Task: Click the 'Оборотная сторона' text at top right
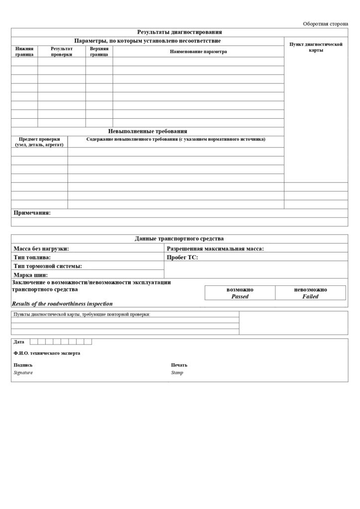(x=325, y=23)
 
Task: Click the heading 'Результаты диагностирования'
(x=180, y=32)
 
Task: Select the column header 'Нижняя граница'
(x=24, y=52)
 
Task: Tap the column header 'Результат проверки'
(x=62, y=52)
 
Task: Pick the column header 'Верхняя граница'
(x=99, y=52)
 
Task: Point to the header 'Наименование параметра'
(x=198, y=52)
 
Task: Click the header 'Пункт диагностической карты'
(x=316, y=47)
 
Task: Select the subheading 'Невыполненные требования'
(x=148, y=131)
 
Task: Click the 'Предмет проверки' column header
(x=39, y=142)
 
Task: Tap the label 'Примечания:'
(x=32, y=213)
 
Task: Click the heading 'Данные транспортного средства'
(x=180, y=239)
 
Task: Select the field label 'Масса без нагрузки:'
(x=41, y=249)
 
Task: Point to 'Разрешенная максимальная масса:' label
(x=215, y=249)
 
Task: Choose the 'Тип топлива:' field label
(x=32, y=257)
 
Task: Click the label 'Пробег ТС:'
(x=182, y=257)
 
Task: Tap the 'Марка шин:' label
(x=31, y=274)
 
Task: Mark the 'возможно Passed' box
(x=240, y=293)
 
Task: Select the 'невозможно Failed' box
(x=310, y=293)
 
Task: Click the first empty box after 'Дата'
(x=34, y=341)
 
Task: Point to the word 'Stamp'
(x=177, y=372)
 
